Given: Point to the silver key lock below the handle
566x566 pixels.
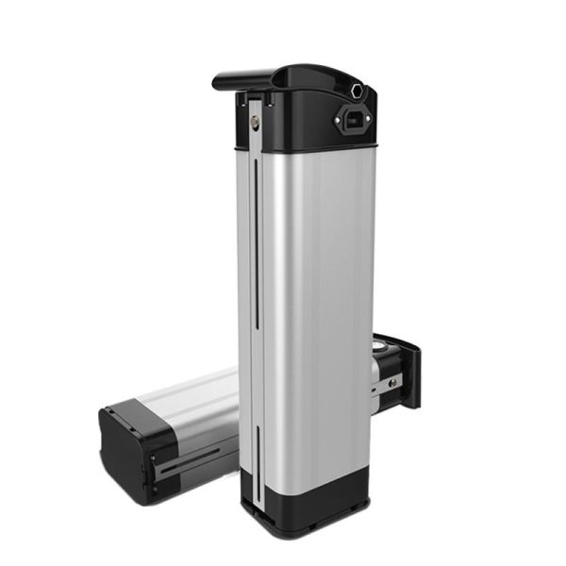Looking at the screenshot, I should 256,120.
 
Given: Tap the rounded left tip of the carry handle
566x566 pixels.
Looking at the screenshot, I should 218,82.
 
